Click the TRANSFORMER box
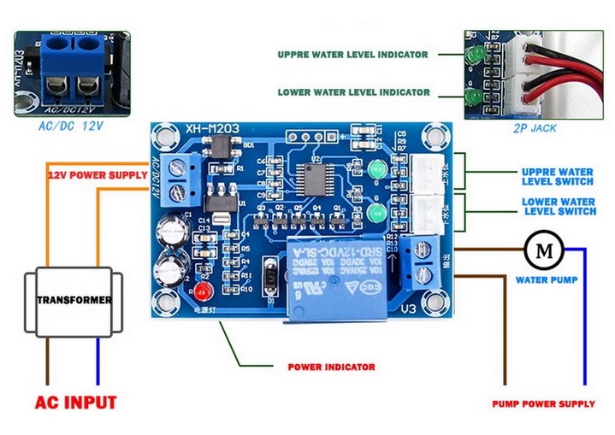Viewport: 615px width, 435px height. coord(74,301)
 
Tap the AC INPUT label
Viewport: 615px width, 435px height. coord(75,402)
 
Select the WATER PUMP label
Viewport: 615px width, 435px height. coord(547,279)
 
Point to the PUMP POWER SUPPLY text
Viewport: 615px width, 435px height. coord(543,403)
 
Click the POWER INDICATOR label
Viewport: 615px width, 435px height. coord(330,367)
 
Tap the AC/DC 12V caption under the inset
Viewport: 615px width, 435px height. coord(70,126)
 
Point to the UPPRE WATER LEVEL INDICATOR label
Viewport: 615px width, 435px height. coord(352,54)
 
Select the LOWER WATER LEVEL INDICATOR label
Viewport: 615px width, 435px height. coord(352,92)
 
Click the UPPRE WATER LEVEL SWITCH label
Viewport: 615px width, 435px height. coord(557,176)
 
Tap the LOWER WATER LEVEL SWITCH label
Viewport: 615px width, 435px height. coord(559,206)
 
